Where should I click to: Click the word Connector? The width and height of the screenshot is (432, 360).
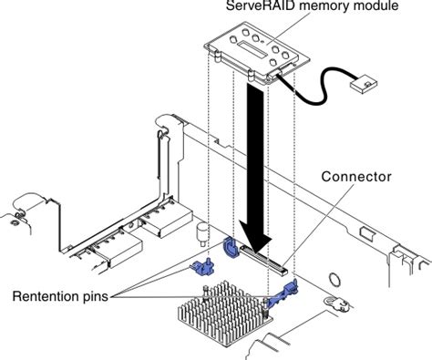tap(356, 177)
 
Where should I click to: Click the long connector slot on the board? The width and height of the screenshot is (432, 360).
tap(263, 259)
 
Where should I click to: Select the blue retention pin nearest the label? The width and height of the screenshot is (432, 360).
tap(202, 266)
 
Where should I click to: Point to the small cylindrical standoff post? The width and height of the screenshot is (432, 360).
tap(201, 234)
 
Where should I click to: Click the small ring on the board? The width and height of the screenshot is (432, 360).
tap(335, 279)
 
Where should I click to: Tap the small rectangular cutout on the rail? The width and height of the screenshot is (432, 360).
tap(367, 233)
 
